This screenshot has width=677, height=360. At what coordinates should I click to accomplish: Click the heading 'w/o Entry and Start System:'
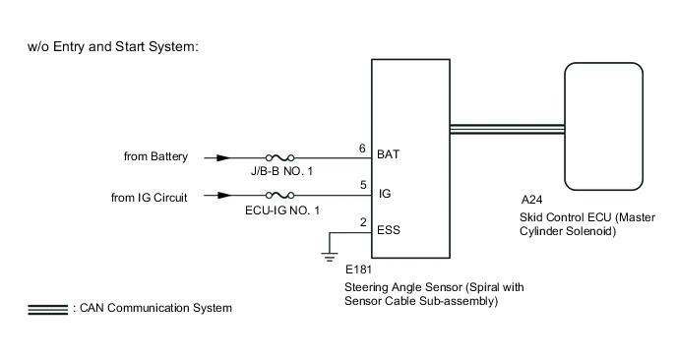[x=114, y=48]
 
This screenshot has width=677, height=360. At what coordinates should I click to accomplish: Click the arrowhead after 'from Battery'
[x=225, y=156]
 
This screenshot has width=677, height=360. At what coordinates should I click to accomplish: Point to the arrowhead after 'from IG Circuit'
[x=225, y=196]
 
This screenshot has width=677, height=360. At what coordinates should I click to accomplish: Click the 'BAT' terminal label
[x=390, y=155]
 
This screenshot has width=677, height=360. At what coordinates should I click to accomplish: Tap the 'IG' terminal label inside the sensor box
[x=385, y=195]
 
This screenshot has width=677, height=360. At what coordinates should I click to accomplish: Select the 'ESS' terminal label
[x=390, y=233]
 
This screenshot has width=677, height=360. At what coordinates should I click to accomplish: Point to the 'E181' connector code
[x=359, y=268]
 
